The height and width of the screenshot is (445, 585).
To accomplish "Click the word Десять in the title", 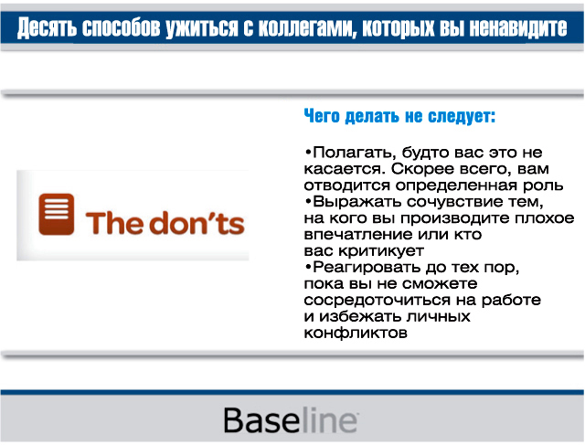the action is [x=48, y=27].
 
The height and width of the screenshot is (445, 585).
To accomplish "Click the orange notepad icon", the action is [x=57, y=214].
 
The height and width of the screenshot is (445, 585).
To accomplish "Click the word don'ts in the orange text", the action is [x=197, y=223].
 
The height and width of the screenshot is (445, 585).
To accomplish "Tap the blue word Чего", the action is [x=322, y=116].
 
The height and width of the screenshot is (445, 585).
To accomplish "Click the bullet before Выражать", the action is [x=308, y=202].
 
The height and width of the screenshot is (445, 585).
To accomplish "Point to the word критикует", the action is [x=381, y=251].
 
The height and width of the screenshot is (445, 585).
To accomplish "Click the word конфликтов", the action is [x=356, y=333].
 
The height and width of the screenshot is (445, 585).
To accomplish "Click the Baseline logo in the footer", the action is [x=292, y=420].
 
